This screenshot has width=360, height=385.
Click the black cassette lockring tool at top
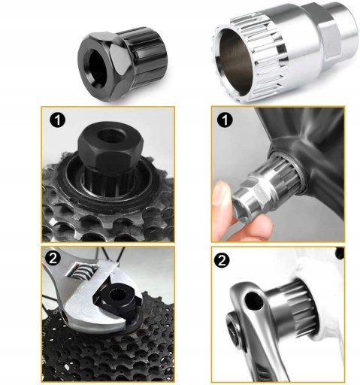(123, 63)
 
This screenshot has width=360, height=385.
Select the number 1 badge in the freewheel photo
(58, 120)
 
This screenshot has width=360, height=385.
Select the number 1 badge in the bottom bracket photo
(225, 120)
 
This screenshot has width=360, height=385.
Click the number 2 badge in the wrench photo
(53, 258)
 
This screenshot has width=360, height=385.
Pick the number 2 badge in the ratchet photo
(222, 261)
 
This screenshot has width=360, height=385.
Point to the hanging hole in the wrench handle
(65, 317)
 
